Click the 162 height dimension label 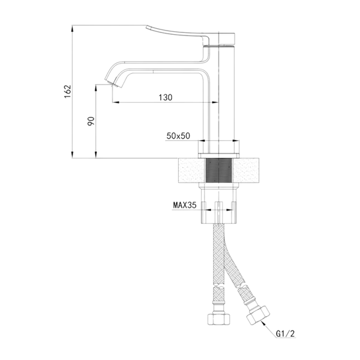click(x=68, y=92)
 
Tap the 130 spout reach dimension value click(x=166, y=97)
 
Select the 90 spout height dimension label click(x=91, y=121)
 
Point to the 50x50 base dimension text click(x=178, y=136)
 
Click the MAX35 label click(x=185, y=205)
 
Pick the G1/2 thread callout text click(x=285, y=334)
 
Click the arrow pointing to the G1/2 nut click(x=269, y=328)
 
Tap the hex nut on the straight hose click(x=218, y=319)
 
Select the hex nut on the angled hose click(x=258, y=315)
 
